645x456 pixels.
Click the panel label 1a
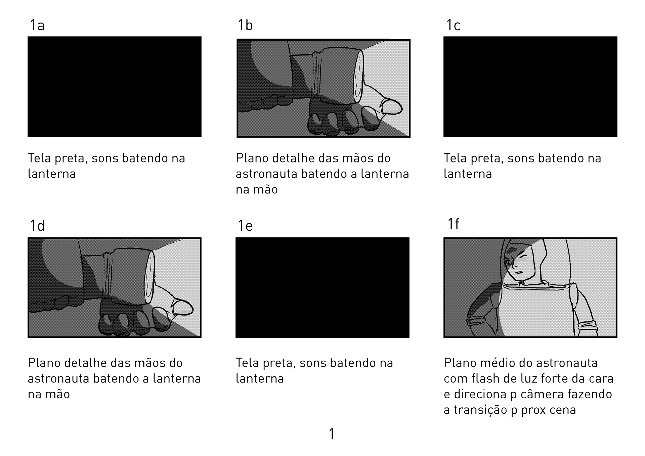pyautogui.click(x=37, y=25)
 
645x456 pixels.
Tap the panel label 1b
pyautogui.click(x=245, y=25)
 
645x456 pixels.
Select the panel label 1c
pyautogui.click(x=453, y=25)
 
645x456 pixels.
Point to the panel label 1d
pyautogui.click(x=37, y=226)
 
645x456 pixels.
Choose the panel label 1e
pyautogui.click(x=245, y=226)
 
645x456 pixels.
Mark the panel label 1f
pyautogui.click(x=453, y=224)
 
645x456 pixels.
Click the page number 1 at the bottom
pyautogui.click(x=332, y=434)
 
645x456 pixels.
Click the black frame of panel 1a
pyautogui.click(x=115, y=87)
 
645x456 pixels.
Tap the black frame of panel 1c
pyautogui.click(x=530, y=87)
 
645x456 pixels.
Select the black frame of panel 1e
pyautogui.click(x=322, y=287)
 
